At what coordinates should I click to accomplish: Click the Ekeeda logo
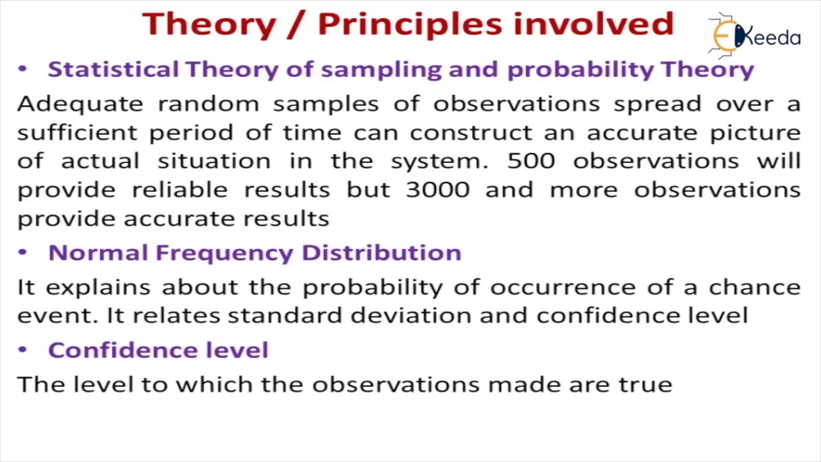tap(755, 36)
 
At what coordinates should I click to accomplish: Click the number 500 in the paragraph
tap(531, 161)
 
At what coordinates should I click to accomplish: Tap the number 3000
tap(438, 190)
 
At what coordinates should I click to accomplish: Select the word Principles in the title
tap(410, 24)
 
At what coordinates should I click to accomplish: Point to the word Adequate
tap(80, 105)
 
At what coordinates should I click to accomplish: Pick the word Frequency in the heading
tap(224, 253)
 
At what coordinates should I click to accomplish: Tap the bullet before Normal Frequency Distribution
tap(22, 252)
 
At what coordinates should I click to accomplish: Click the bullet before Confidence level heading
tap(22, 350)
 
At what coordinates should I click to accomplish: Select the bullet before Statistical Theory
tap(22, 69)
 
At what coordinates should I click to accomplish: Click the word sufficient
tap(78, 132)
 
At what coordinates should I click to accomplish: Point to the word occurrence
tap(563, 287)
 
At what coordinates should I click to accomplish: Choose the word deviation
tap(411, 315)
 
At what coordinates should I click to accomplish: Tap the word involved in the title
tap(594, 24)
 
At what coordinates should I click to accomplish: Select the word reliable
tap(180, 190)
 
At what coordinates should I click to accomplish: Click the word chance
tap(755, 287)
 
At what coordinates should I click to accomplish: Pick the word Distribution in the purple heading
tap(382, 253)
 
